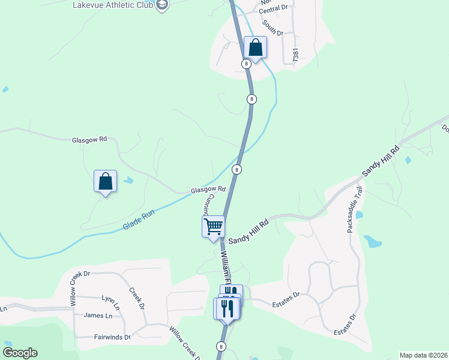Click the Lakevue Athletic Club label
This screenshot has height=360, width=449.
[112, 5]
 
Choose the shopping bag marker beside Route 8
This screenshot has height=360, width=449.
[255, 47]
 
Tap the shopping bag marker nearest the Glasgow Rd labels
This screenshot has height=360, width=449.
[105, 181]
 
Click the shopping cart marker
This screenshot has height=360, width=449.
[213, 227]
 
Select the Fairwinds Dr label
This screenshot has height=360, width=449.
[112, 337]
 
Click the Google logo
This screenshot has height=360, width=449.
[20, 352]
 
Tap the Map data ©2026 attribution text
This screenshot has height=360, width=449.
[423, 355]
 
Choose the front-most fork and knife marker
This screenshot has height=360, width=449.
[227, 308]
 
